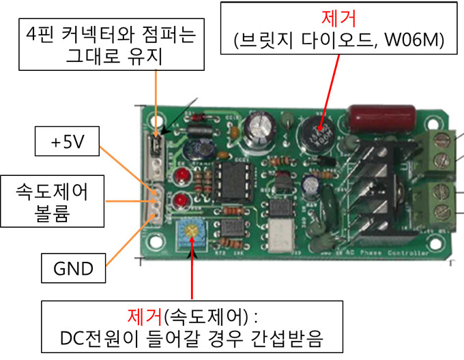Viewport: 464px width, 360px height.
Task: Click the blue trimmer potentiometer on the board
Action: pos(194,232)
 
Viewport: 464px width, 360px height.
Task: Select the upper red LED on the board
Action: pos(182,178)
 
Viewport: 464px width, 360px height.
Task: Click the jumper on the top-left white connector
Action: pos(156,145)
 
